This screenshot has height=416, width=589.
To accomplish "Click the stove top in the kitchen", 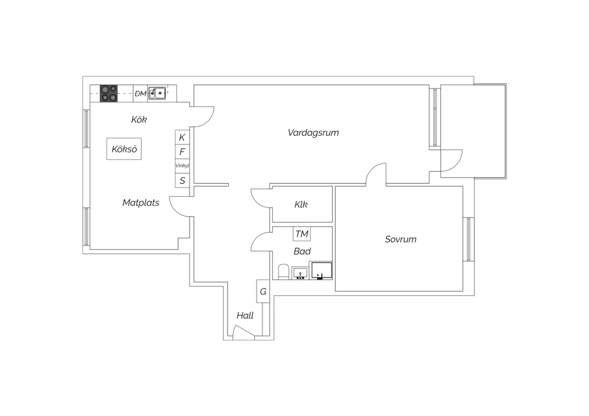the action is pyautogui.click(x=109, y=93).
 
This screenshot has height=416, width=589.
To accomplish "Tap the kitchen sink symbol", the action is pyautogui.click(x=157, y=93).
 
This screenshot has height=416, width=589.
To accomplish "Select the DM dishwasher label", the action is pyautogui.click(x=141, y=93).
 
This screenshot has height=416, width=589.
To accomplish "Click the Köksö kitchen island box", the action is pyautogui.click(x=124, y=149).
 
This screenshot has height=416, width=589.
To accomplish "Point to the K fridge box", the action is pyautogui.click(x=182, y=137).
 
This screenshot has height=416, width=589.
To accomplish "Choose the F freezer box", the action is pyautogui.click(x=182, y=151).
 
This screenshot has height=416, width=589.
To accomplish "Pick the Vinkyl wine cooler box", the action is pyautogui.click(x=182, y=166).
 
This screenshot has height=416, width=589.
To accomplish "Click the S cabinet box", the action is pyautogui.click(x=182, y=180).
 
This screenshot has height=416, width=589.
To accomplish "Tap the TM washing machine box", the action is pyautogui.click(x=302, y=234).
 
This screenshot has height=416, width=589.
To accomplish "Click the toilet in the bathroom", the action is pyautogui.click(x=284, y=272).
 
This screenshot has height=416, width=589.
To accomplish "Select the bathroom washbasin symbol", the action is pyautogui.click(x=300, y=273).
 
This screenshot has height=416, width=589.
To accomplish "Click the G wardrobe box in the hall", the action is pyautogui.click(x=263, y=291).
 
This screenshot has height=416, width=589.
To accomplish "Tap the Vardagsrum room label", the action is pyautogui.click(x=313, y=132).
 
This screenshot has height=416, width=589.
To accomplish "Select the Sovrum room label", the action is pyautogui.click(x=401, y=239).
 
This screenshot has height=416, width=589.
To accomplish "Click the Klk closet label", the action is pyautogui.click(x=301, y=204).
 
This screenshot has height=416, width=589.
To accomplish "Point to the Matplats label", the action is pyautogui.click(x=141, y=203).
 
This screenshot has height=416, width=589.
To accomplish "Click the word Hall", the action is pyautogui.click(x=245, y=316).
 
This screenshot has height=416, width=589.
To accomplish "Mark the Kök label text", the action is pyautogui.click(x=139, y=120).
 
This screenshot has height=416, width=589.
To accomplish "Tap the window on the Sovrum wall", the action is pyautogui.click(x=468, y=239).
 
